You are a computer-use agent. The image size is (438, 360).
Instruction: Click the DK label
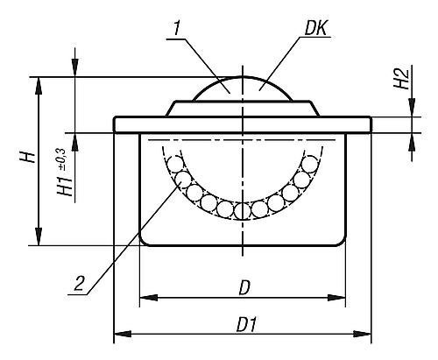tap(316, 29)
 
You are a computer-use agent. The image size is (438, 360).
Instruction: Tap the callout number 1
tap(176, 29)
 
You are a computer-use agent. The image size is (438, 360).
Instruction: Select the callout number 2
tap(79, 283)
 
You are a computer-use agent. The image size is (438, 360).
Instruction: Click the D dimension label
tap(244, 288)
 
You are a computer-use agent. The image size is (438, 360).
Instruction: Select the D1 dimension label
tap(247, 325)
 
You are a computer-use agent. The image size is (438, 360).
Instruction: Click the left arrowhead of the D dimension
tap(149, 298)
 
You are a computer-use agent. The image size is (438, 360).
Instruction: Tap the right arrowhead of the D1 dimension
tap(362, 334)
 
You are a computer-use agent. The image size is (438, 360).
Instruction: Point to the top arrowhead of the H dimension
tap(39, 86)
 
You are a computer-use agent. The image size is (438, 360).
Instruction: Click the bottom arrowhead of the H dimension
tap(39, 236)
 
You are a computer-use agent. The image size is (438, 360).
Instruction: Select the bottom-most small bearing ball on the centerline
tap(242, 211)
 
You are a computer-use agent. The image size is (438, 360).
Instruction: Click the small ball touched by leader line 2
tap(182, 180)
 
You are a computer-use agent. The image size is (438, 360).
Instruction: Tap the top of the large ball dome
tap(243, 77)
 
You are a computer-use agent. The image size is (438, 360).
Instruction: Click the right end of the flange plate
tap(371, 124)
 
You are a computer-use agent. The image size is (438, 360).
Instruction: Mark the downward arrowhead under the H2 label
tap(412, 108)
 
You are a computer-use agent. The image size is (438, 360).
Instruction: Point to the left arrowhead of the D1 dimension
tap(123, 334)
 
